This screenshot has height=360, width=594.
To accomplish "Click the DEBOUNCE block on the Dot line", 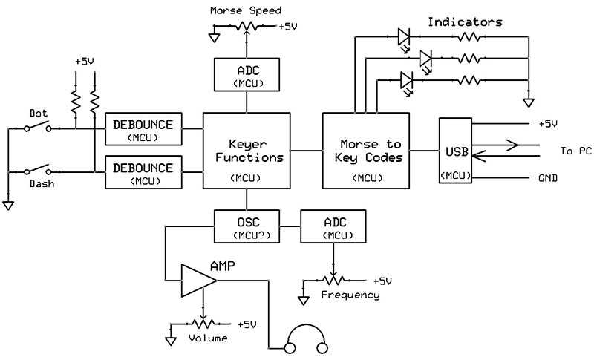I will click(145, 128).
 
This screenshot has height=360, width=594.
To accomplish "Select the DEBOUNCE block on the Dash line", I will click(145, 171).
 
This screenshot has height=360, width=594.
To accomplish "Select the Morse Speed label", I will click(247, 11).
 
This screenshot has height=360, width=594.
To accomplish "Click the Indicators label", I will click(465, 22).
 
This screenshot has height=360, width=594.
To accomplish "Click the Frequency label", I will click(350, 295).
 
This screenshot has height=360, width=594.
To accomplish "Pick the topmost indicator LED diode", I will click(405, 36).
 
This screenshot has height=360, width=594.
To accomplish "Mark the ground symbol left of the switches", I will click(8, 204).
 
